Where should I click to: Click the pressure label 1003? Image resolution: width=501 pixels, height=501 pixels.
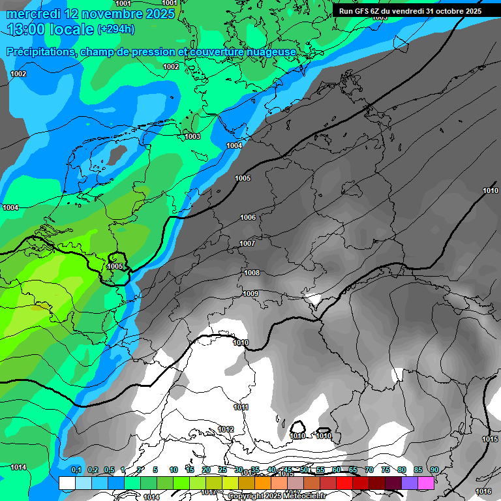click(x=192, y=136)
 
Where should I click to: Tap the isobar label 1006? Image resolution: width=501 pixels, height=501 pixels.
click(x=248, y=217)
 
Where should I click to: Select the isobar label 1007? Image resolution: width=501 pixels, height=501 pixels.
click(x=247, y=243)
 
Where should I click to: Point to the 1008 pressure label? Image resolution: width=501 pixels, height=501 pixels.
click(x=252, y=273)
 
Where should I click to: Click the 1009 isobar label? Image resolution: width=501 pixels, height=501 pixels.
click(x=250, y=294)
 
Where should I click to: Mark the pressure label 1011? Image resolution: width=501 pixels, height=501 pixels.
click(x=241, y=407)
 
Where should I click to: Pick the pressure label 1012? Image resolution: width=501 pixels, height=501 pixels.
click(x=226, y=429)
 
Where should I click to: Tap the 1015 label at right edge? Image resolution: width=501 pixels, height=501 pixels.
click(x=491, y=439)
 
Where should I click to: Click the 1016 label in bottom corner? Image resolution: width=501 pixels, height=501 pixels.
click(x=483, y=491)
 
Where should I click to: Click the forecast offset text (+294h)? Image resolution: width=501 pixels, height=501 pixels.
click(x=116, y=29)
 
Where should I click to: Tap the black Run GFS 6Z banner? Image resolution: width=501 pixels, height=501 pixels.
click(x=410, y=11)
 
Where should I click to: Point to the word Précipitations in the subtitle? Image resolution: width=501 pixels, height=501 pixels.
click(x=40, y=52)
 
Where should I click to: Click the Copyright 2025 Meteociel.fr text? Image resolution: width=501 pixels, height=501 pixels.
click(x=277, y=496)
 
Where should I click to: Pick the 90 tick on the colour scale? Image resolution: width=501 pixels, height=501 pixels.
click(x=434, y=470)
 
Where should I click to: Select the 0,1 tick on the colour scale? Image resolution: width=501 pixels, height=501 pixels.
click(x=76, y=470)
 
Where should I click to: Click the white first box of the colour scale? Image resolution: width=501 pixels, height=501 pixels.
click(x=67, y=483)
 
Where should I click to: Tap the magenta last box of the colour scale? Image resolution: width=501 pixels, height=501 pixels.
click(x=426, y=483)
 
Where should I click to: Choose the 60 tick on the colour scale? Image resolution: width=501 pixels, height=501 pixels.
click(x=336, y=470)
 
